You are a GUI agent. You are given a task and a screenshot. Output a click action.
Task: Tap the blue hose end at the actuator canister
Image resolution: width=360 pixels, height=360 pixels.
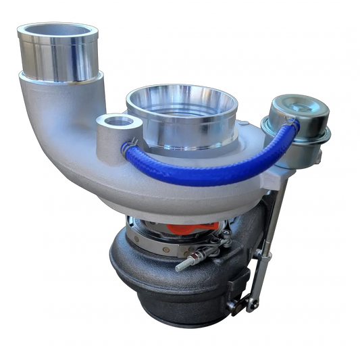[290, 126]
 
